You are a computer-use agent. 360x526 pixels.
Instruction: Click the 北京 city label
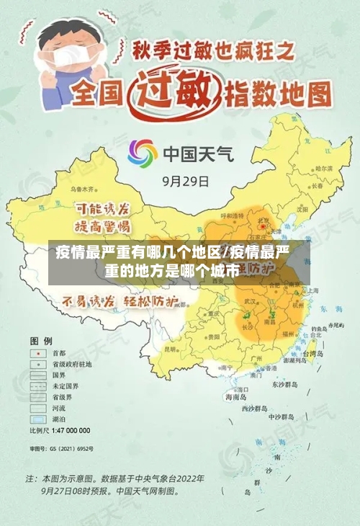click(x=264, y=221)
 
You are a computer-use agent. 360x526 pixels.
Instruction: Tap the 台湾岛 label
click(x=314, y=354)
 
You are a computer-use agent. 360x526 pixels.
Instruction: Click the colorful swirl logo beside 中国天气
click(x=142, y=153)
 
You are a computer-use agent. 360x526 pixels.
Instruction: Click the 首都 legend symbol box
click(x=35, y=353)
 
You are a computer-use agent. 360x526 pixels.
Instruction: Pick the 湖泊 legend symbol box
click(x=35, y=418)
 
